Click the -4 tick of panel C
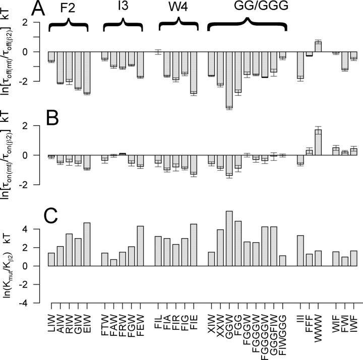click(x=33, y=303)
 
